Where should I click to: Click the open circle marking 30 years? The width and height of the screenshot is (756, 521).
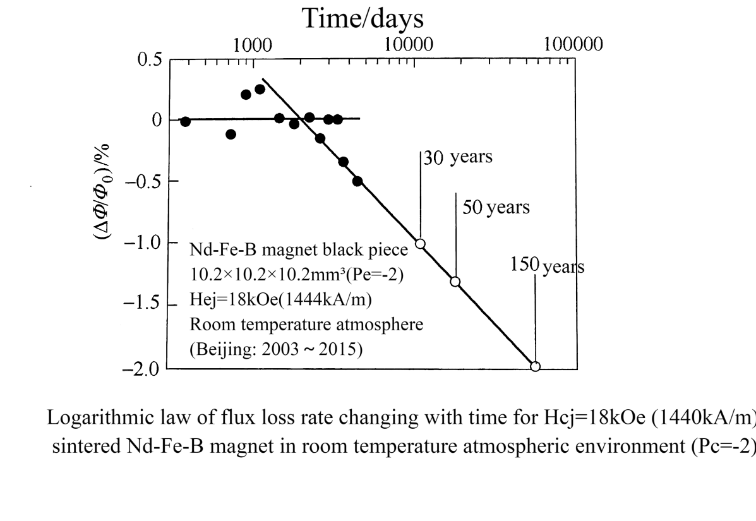[x=420, y=244]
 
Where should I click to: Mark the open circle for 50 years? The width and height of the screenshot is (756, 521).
[x=455, y=282]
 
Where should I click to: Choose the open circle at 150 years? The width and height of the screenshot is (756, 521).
[x=535, y=366]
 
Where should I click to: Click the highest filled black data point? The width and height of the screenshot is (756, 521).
[x=260, y=89]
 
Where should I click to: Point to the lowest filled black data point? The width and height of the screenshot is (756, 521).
[x=357, y=181]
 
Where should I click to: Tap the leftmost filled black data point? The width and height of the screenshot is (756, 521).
[x=185, y=121]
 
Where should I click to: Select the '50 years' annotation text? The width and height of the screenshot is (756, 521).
[x=496, y=207]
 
